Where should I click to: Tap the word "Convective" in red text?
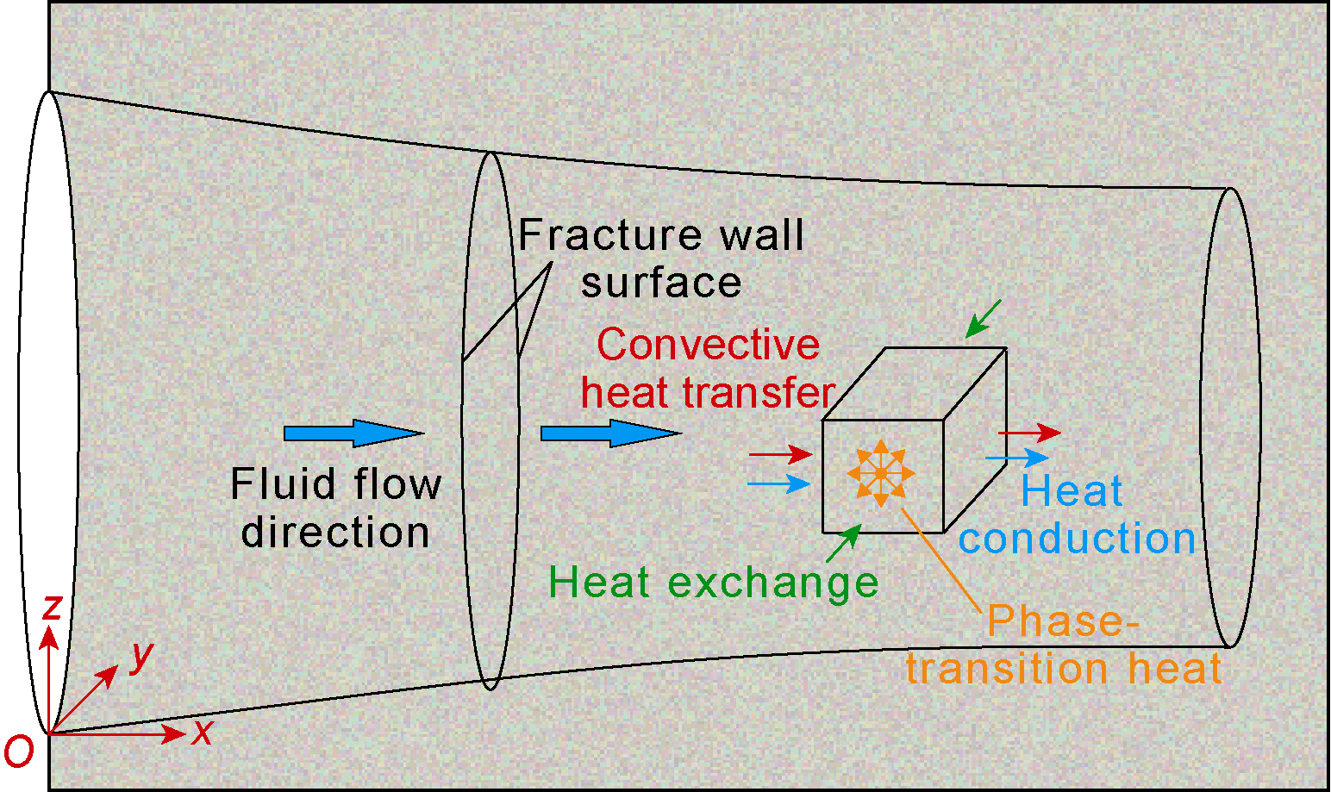(x=708, y=346)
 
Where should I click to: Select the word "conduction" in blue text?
(x=1077, y=539)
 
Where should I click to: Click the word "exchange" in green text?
(x=773, y=583)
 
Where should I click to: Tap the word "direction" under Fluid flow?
(x=335, y=533)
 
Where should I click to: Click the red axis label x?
(x=203, y=733)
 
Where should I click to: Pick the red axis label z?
(x=53, y=607)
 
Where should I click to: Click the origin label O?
(x=19, y=751)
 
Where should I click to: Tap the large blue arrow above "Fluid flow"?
(x=353, y=433)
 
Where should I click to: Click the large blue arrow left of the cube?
(x=610, y=433)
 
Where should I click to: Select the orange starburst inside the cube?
(x=880, y=473)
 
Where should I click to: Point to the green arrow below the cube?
(x=843, y=544)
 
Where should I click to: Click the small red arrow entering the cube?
(x=780, y=454)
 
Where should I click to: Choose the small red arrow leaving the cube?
(x=1029, y=433)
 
